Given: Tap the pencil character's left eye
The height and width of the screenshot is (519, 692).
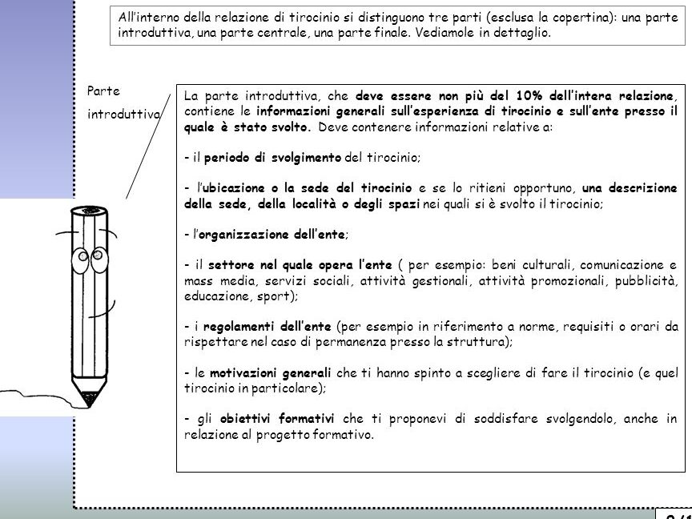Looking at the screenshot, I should coord(80,260).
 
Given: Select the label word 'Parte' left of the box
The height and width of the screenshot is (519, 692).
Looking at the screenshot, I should coord(102,92).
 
